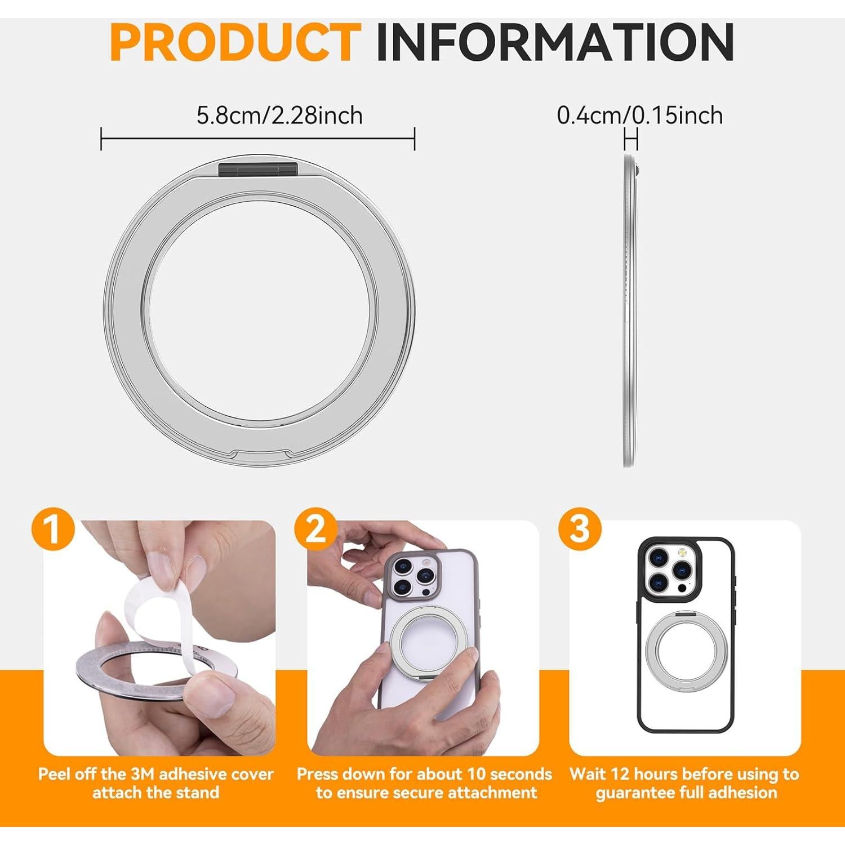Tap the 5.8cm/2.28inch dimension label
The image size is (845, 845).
tap(279, 115)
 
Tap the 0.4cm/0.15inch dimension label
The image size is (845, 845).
tap(639, 115)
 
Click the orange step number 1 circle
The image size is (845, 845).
tap(54, 530)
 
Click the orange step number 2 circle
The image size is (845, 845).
tap(316, 530)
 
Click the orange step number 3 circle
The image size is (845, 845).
tap(580, 530)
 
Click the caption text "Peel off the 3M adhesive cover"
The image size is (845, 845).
tap(155, 774)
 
